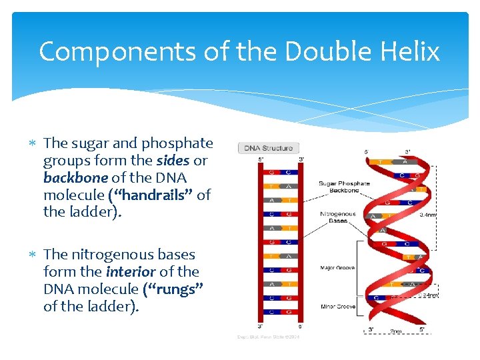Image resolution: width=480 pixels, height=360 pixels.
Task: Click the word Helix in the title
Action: pos(411,51)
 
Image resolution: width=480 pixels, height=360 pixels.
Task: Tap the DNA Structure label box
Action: pos(268,148)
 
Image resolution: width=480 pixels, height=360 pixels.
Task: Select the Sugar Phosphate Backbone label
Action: pos(345,187)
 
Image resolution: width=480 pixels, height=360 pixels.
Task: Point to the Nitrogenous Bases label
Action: pos(337,218)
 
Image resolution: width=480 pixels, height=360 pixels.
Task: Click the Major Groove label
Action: pos(337,267)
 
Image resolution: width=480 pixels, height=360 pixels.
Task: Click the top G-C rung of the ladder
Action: pos(279,172)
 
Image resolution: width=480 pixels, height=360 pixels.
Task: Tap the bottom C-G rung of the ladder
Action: pos(279,311)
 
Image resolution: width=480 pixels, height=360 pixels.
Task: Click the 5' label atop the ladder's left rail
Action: pos(261,159)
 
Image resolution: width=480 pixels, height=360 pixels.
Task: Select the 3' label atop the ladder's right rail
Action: pos(301,159)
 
